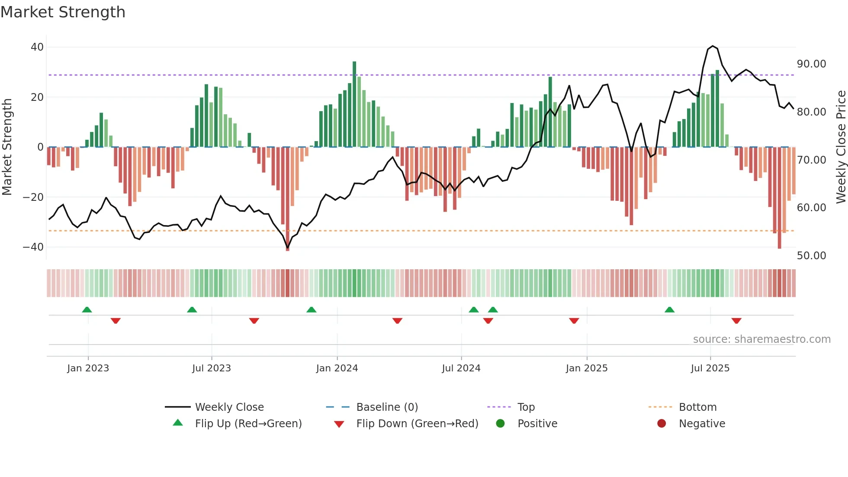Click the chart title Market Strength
point(63,12)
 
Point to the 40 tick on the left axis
point(37,47)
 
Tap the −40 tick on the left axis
point(33,247)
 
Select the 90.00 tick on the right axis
point(811,64)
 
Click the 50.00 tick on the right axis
point(811,256)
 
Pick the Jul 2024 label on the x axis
point(461,368)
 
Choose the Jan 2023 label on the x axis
point(88,368)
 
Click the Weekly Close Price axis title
point(841,147)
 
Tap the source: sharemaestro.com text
point(761,339)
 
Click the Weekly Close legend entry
point(229,407)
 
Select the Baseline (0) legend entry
point(387,407)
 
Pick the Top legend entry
point(526,407)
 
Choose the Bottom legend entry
point(697,407)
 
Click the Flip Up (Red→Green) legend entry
point(248,424)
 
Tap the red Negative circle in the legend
point(661,423)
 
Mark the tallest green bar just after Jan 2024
point(354,104)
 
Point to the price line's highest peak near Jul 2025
point(713,46)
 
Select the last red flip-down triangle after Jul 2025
point(736,321)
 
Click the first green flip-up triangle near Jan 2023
point(87,309)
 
